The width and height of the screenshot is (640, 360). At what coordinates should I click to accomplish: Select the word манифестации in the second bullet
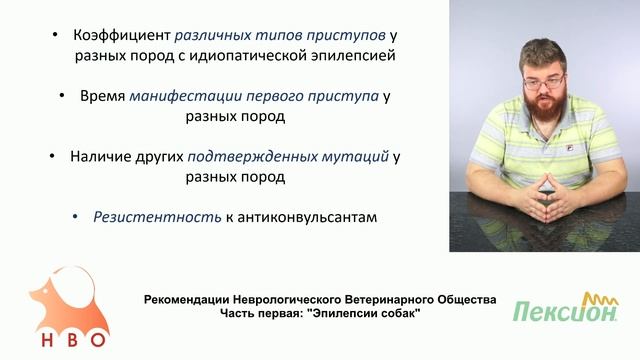tap(186, 96)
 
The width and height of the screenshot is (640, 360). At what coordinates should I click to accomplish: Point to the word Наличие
tap(100, 157)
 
